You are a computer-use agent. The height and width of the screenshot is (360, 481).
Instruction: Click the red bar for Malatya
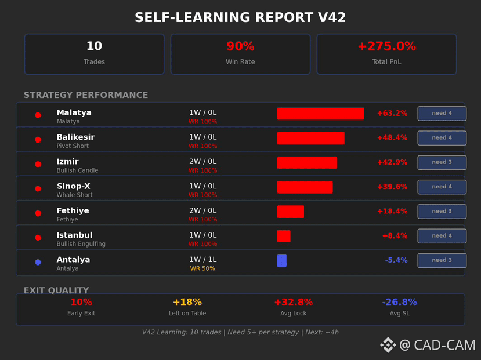(320, 114)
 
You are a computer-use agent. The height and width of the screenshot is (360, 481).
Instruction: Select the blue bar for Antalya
(282, 261)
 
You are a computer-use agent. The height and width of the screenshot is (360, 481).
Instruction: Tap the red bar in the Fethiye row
(291, 212)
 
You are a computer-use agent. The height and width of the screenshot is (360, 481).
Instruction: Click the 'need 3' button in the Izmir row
(442, 162)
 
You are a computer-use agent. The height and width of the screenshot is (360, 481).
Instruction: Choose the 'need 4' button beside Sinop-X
(442, 187)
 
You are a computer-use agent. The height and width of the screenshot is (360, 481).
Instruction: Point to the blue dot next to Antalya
(38, 262)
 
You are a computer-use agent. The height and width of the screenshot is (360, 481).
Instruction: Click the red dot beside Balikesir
(38, 140)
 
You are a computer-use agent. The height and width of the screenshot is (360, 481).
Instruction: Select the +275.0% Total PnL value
(386, 46)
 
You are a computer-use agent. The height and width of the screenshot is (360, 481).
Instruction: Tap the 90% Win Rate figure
(240, 46)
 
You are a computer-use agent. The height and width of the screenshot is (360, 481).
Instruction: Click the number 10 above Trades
(94, 46)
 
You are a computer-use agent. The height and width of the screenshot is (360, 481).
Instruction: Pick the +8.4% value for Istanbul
(395, 235)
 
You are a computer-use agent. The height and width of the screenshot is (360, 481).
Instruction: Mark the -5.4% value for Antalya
(396, 260)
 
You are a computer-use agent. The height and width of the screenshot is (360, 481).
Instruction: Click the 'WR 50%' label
(202, 269)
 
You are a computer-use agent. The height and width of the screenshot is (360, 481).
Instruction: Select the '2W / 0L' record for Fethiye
(202, 210)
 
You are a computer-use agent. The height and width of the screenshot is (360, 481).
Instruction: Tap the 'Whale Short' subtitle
(74, 195)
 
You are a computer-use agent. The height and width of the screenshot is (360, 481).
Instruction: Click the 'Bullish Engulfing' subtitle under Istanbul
(81, 244)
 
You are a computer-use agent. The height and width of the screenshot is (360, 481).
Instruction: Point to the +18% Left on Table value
(187, 302)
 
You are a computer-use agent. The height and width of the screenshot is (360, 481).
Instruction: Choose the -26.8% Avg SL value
(399, 302)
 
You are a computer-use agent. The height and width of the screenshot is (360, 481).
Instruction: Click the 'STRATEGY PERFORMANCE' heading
(86, 95)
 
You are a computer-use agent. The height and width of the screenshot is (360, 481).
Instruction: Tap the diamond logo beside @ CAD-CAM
(388, 345)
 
